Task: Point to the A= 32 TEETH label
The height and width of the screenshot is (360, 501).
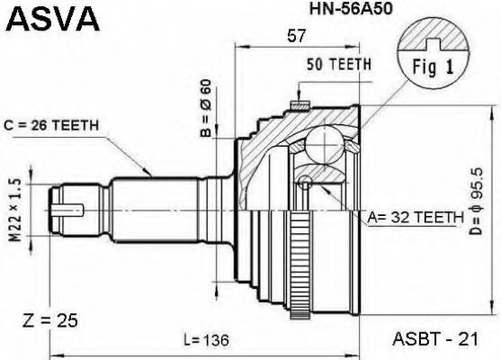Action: pyautogui.click(x=416, y=218)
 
